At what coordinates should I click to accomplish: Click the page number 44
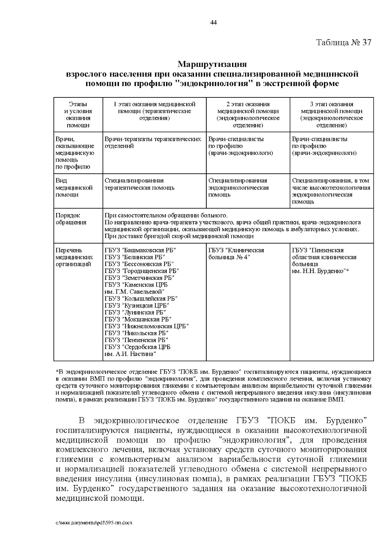pos(214,22)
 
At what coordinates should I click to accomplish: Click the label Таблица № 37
pos(344,43)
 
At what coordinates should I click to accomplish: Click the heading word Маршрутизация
pos(212,64)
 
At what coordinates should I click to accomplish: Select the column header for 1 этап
pos(154,111)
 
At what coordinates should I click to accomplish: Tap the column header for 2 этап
pos(248,114)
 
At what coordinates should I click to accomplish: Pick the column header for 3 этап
pos(331,114)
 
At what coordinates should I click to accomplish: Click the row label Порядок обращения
pos(71,219)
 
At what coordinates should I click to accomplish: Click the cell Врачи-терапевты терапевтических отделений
pos(153,143)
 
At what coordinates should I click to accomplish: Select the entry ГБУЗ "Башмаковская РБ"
pos(140,250)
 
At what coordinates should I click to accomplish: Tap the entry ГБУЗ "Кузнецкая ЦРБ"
pos(137,306)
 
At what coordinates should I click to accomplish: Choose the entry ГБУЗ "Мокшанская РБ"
pos(138,319)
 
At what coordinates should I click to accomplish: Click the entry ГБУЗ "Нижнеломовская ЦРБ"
pos(147,326)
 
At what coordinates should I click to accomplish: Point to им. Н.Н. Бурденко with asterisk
pos(320,271)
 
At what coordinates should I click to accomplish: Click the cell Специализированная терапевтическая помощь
pos(139,184)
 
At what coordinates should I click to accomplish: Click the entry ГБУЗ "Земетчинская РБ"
pos(139,278)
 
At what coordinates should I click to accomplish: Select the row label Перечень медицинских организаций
pos(74,257)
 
